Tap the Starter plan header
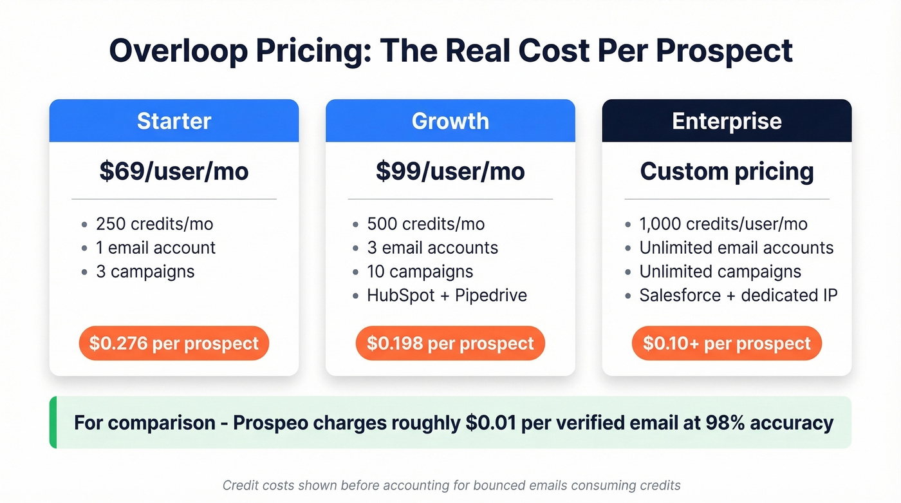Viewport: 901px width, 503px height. pos(174,121)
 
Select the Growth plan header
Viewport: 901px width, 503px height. pos(450,121)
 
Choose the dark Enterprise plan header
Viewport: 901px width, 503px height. pos(727,121)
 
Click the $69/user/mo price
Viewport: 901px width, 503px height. pos(174,171)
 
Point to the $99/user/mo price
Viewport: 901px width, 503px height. pos(450,171)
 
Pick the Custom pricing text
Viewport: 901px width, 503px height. pos(727,171)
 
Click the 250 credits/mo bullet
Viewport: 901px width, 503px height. pos(154,224)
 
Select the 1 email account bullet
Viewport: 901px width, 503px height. pos(156,248)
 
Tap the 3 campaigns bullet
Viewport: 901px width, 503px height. pos(145,272)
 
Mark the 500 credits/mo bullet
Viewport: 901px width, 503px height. pos(425,224)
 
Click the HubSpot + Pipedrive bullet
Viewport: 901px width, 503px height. pos(447,296)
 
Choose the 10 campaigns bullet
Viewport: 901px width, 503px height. pos(420,272)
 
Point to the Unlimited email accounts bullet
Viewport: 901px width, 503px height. pos(736,248)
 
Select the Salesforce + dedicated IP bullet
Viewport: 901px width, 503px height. pos(738,296)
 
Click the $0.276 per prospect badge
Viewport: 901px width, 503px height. pos(174,343)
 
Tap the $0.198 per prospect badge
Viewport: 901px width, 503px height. pos(450,343)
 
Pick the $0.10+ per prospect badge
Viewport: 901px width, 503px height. pos(727,343)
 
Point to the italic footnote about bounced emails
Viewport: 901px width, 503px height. pos(451,486)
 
